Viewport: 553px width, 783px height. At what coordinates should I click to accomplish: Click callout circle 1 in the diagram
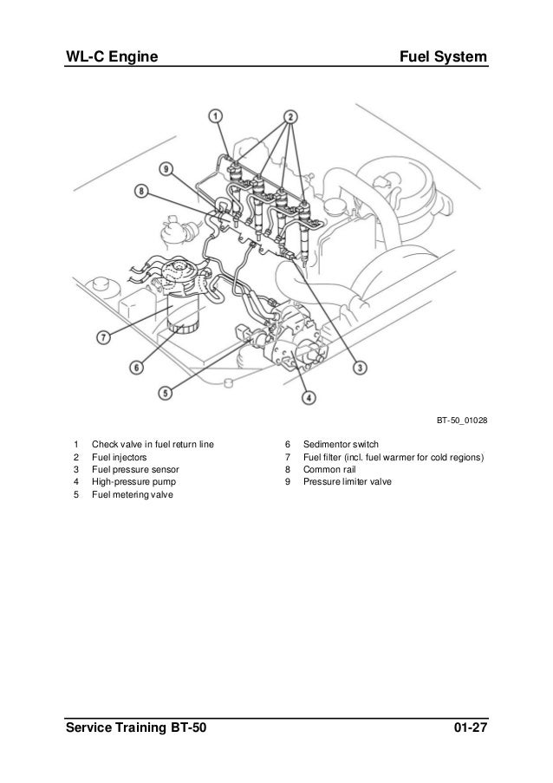(217, 114)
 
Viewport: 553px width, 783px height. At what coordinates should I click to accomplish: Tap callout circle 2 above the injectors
(290, 115)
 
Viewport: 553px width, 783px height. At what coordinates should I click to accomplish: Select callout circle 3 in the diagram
(359, 369)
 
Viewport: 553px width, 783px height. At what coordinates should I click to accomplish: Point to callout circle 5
(166, 392)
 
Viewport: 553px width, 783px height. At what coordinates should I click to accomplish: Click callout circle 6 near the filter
(136, 368)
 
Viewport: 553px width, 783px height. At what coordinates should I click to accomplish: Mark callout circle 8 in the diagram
(141, 192)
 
